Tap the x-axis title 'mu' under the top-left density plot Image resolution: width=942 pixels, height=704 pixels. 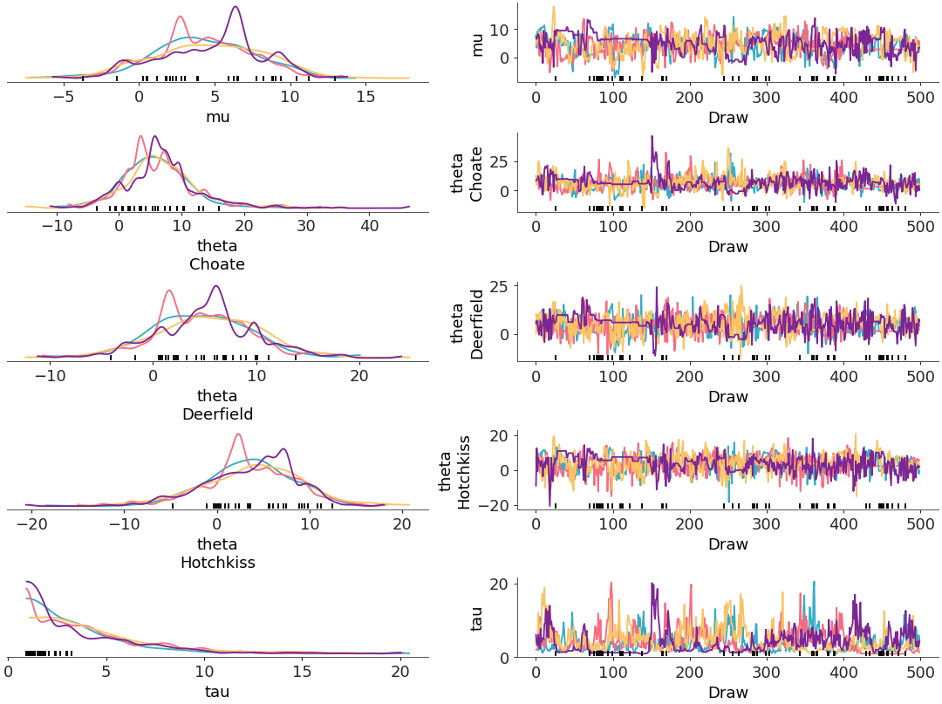(x=217, y=116)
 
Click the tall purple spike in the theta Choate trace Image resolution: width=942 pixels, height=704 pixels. (x=652, y=137)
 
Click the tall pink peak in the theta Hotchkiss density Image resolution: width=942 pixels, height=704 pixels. (x=238, y=434)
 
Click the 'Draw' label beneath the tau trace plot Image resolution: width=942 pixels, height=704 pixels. (x=727, y=692)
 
